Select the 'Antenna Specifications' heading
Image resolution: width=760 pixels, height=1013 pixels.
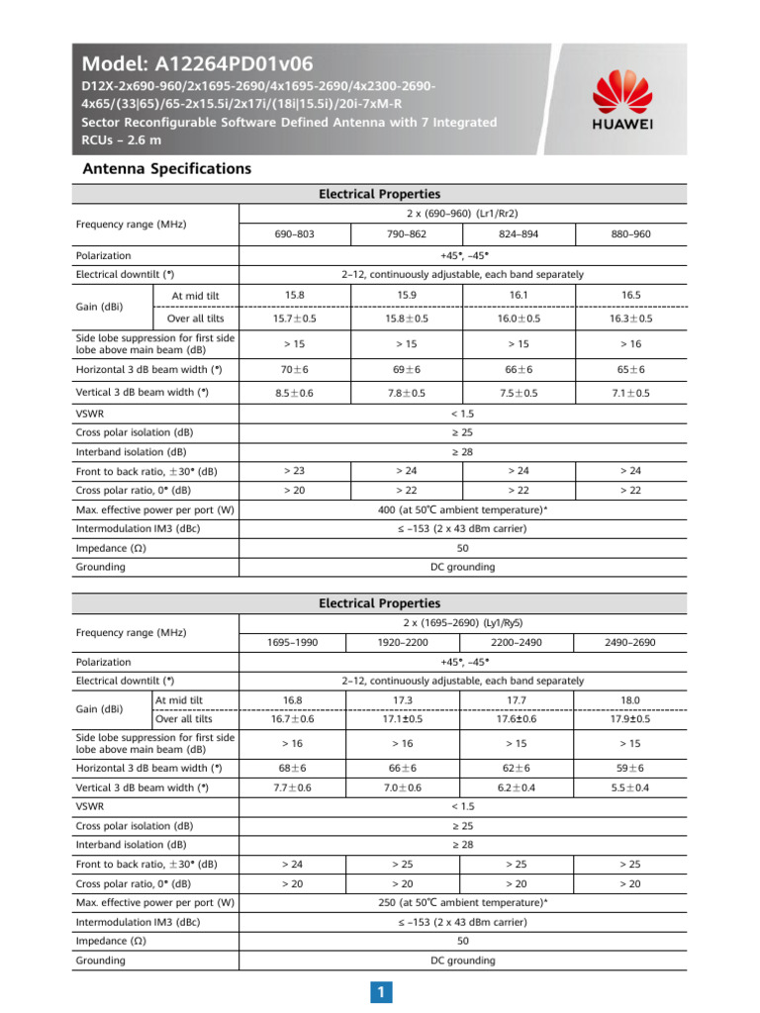point(165,169)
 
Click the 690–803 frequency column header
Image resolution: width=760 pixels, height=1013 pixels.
point(295,235)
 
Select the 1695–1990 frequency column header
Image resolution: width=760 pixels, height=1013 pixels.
point(293,643)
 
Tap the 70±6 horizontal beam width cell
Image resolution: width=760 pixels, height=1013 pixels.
point(295,369)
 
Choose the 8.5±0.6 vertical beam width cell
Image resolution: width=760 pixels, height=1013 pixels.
point(295,393)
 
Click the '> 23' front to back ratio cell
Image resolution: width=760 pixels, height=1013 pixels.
point(295,471)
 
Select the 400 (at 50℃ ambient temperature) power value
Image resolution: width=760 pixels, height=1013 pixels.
point(462,509)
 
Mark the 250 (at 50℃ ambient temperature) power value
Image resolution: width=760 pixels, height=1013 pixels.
point(462,903)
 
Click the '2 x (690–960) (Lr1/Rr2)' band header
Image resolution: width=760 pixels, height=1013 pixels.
point(462,214)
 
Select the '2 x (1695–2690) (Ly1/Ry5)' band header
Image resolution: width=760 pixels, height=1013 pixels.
point(462,622)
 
